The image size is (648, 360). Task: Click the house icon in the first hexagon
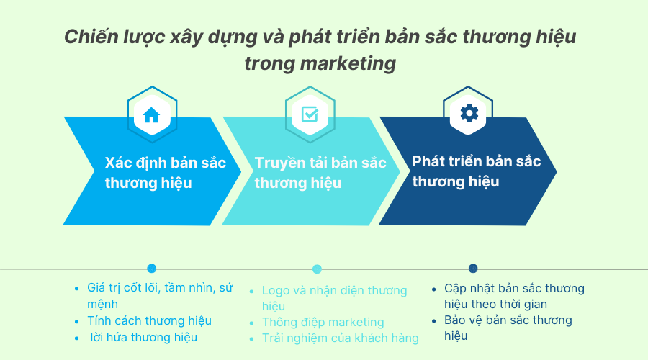pos(151,115)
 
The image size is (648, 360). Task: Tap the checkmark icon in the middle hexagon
pos(310,114)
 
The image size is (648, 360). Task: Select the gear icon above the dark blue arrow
pos(469,113)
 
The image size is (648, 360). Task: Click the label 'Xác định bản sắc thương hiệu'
pos(166,173)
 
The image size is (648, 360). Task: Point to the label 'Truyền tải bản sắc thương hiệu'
pos(320,173)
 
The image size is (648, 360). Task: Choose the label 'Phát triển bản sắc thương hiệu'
pos(477,171)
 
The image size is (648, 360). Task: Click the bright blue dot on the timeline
pos(152,269)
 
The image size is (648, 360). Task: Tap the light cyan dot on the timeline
pos(317,269)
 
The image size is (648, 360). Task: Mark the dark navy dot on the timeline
pos(473,269)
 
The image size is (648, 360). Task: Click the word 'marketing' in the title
pos(348,63)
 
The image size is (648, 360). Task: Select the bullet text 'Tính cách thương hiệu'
pos(149,320)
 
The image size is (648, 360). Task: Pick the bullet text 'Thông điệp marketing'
pos(323,322)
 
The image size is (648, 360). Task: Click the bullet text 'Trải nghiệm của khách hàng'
pos(340,338)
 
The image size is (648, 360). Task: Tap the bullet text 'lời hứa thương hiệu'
pos(143,337)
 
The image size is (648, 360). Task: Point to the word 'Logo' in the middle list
pos(276,291)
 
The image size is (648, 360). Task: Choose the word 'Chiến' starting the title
pos(91,37)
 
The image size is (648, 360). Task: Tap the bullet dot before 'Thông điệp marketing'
pos(252,323)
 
